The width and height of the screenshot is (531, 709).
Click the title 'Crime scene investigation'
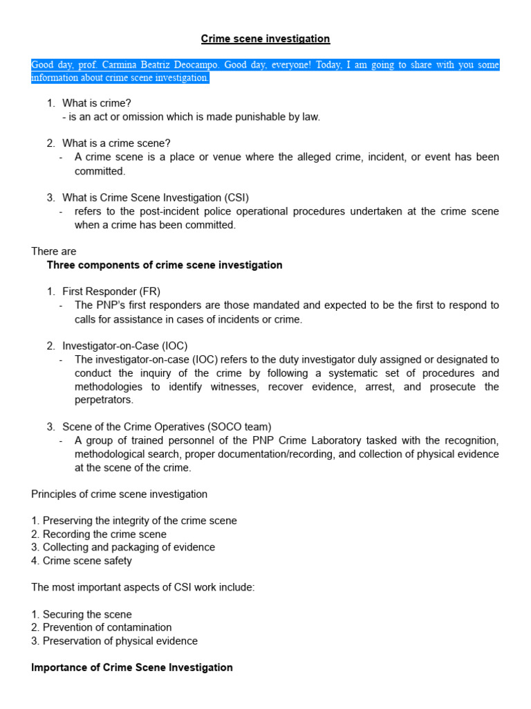265,39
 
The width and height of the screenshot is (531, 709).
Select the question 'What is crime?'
96,103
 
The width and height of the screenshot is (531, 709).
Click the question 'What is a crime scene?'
116,143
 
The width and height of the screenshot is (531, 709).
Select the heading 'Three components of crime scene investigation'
165,265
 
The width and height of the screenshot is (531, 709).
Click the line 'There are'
54,251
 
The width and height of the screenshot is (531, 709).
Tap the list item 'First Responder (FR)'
111,291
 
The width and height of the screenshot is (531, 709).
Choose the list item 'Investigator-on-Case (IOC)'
124,345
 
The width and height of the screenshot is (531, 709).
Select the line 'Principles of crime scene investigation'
119,494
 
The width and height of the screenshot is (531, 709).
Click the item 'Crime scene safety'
87,561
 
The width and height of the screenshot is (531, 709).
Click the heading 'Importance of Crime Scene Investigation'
132,667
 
